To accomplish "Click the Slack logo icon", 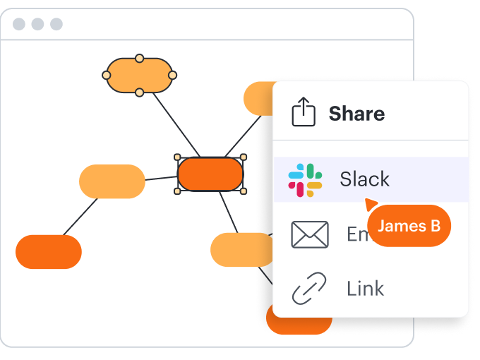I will point(305,179).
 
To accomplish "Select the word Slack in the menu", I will point(364,179).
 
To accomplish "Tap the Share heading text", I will point(356,114).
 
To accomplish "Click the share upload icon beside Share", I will point(304,112).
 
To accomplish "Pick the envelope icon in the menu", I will point(310,234).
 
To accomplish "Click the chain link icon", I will point(309,288).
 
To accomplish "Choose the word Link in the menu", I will point(365,288).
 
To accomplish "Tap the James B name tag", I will point(409,226).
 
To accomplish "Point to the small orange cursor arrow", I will point(370,205).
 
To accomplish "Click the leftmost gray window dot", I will point(19,25).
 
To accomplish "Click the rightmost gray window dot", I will point(56,25).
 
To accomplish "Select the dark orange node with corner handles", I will point(210,174).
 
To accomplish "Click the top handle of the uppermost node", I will point(140,58).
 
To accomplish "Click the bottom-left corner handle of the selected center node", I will point(178,191).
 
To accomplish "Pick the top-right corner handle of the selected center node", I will point(244,157).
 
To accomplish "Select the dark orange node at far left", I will point(49,252).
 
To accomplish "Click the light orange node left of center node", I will point(112,181).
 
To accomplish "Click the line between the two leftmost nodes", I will point(80,217).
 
